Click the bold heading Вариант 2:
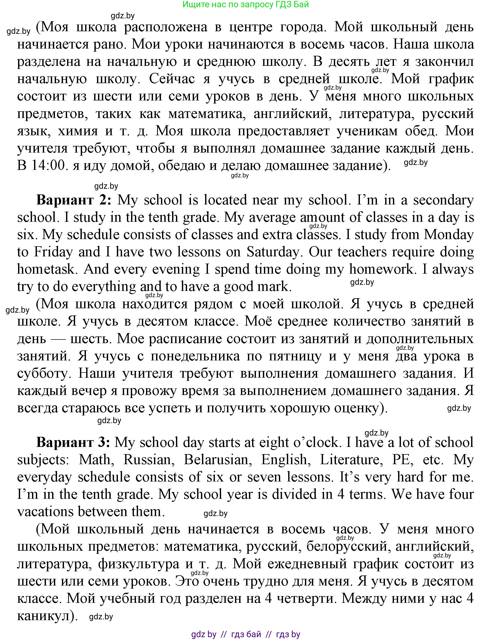[74, 200]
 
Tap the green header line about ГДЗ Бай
[245, 5]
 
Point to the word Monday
[449, 235]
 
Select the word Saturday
[272, 252]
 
